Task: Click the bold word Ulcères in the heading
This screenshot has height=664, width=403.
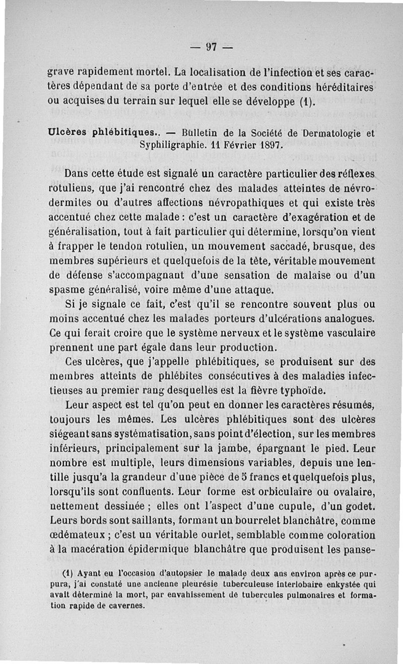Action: (64, 133)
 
